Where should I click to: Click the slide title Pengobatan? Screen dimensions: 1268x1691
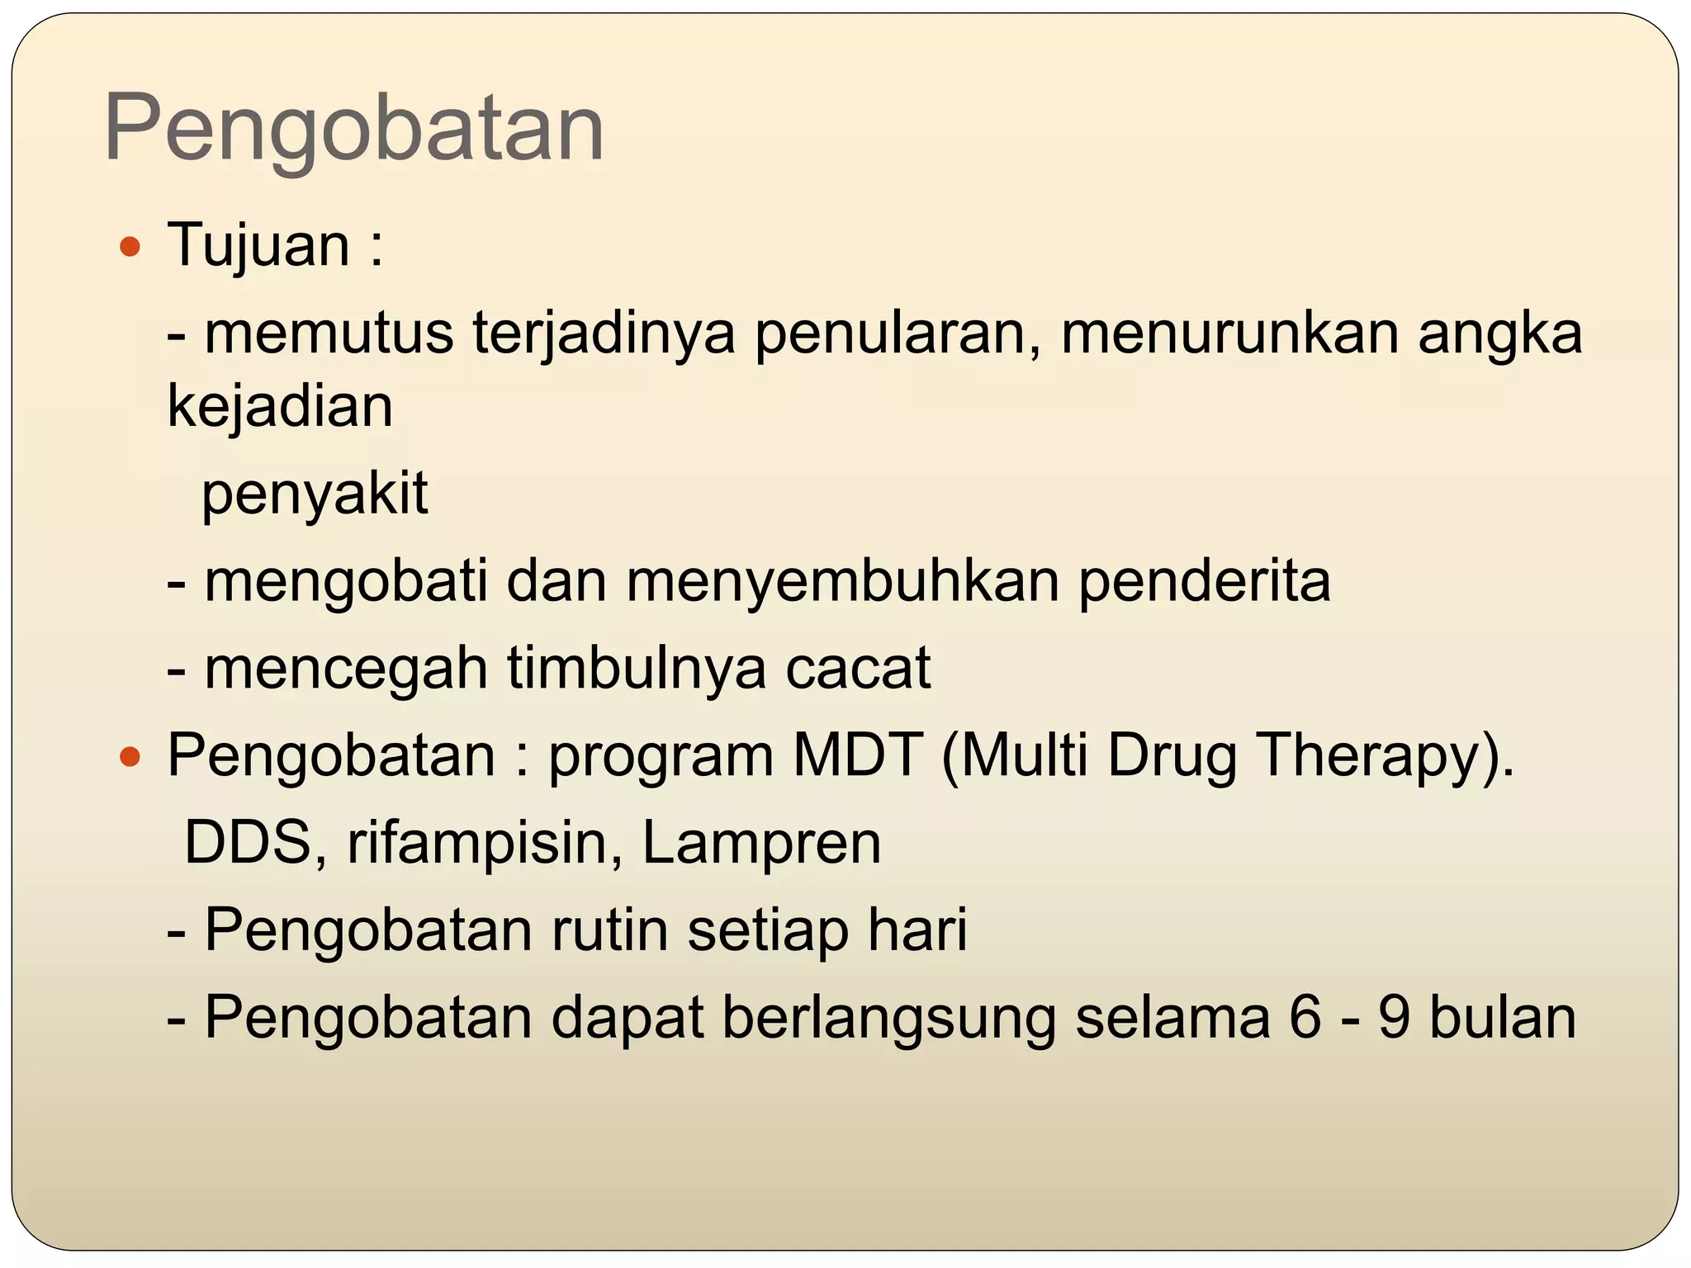pos(354,129)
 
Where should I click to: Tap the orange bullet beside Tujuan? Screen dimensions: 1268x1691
pos(130,247)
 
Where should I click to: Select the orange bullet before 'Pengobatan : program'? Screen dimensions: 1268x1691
pos(130,755)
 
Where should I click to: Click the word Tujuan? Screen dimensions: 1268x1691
pos(259,245)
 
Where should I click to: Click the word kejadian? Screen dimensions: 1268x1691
pos(280,406)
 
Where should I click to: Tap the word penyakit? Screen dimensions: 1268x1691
pos(315,494)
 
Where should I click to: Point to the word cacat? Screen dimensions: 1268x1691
pos(858,668)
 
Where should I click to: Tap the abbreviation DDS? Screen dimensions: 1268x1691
pos(254,843)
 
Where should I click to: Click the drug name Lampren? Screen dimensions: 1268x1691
pos(761,843)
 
